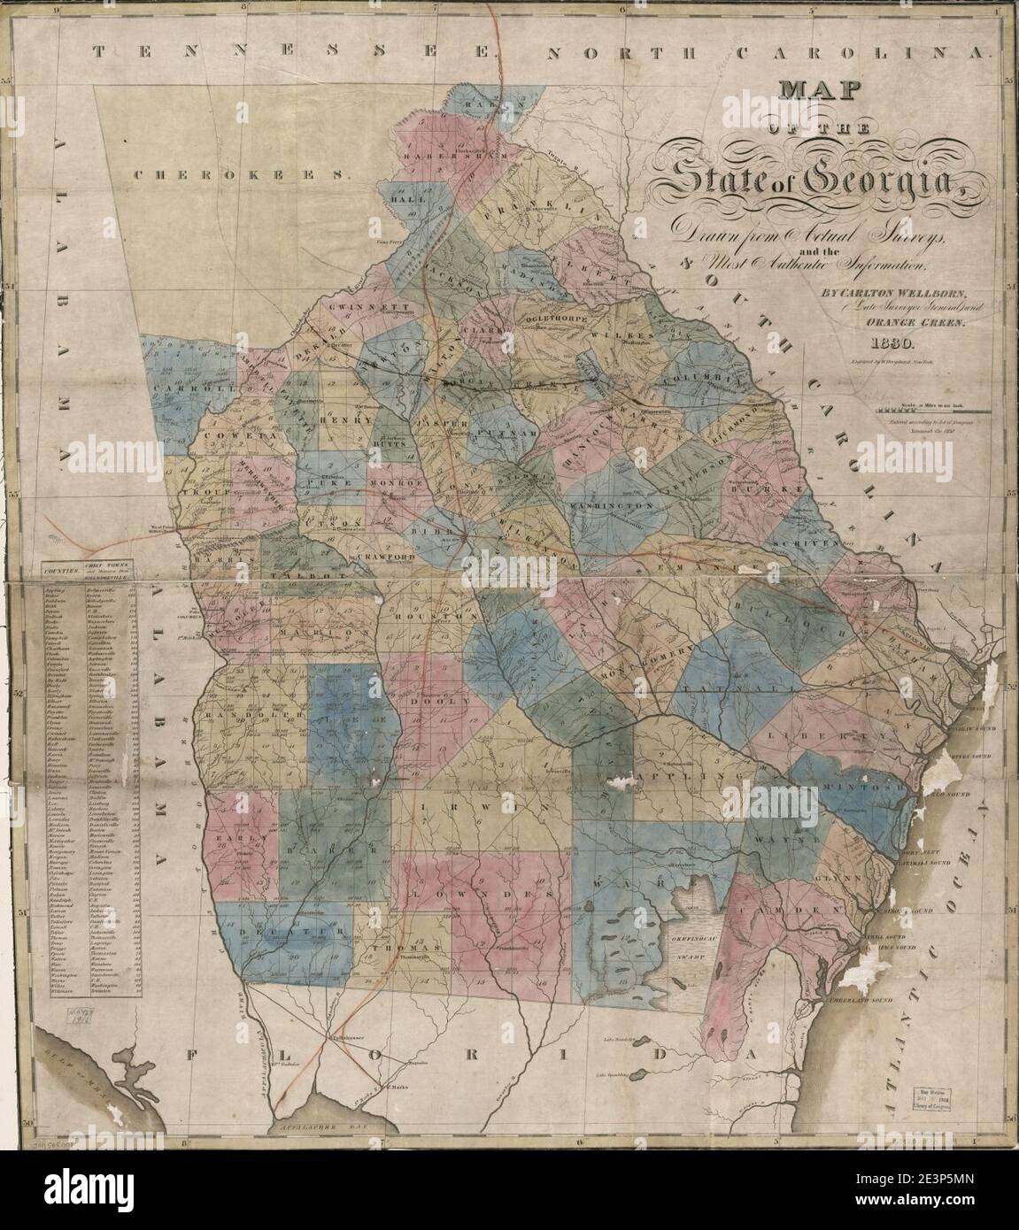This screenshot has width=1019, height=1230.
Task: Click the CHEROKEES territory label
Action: point(237,175)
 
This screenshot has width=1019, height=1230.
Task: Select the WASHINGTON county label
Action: point(617,504)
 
